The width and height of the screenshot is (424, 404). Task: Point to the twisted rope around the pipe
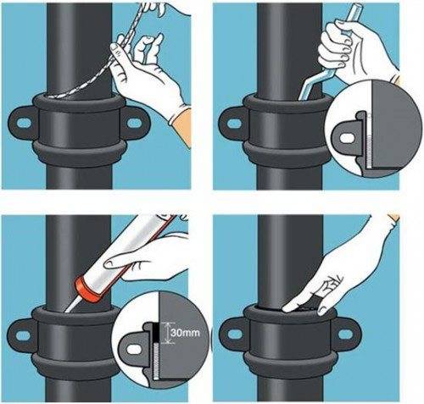click(x=93, y=60)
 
